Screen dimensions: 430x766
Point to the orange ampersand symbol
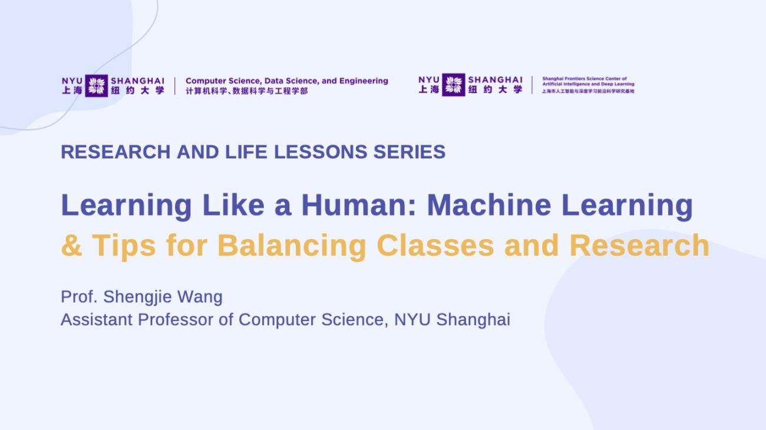coord(71,245)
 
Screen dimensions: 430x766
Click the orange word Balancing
coord(292,245)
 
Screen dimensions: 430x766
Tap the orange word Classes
coord(435,245)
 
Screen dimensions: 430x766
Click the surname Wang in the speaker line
coord(200,296)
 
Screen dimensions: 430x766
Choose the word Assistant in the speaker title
coord(97,320)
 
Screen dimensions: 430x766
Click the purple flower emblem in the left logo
coord(96,85)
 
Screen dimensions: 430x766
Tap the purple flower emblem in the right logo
coord(453,85)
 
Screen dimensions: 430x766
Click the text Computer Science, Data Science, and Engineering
coord(287,81)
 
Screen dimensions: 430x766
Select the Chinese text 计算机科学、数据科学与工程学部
coord(246,91)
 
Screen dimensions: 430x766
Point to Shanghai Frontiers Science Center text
coord(585,78)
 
